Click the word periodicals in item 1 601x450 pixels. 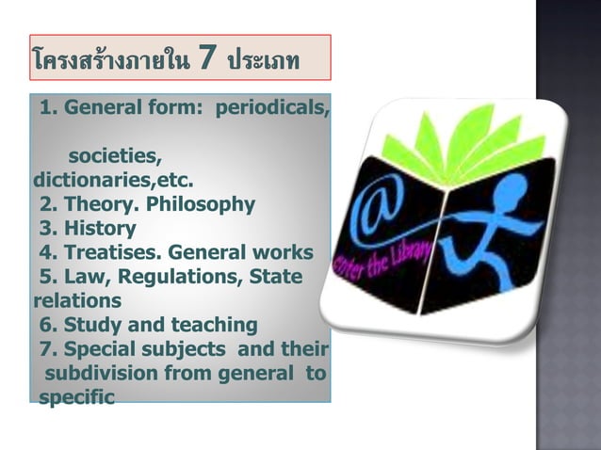coord(272,106)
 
